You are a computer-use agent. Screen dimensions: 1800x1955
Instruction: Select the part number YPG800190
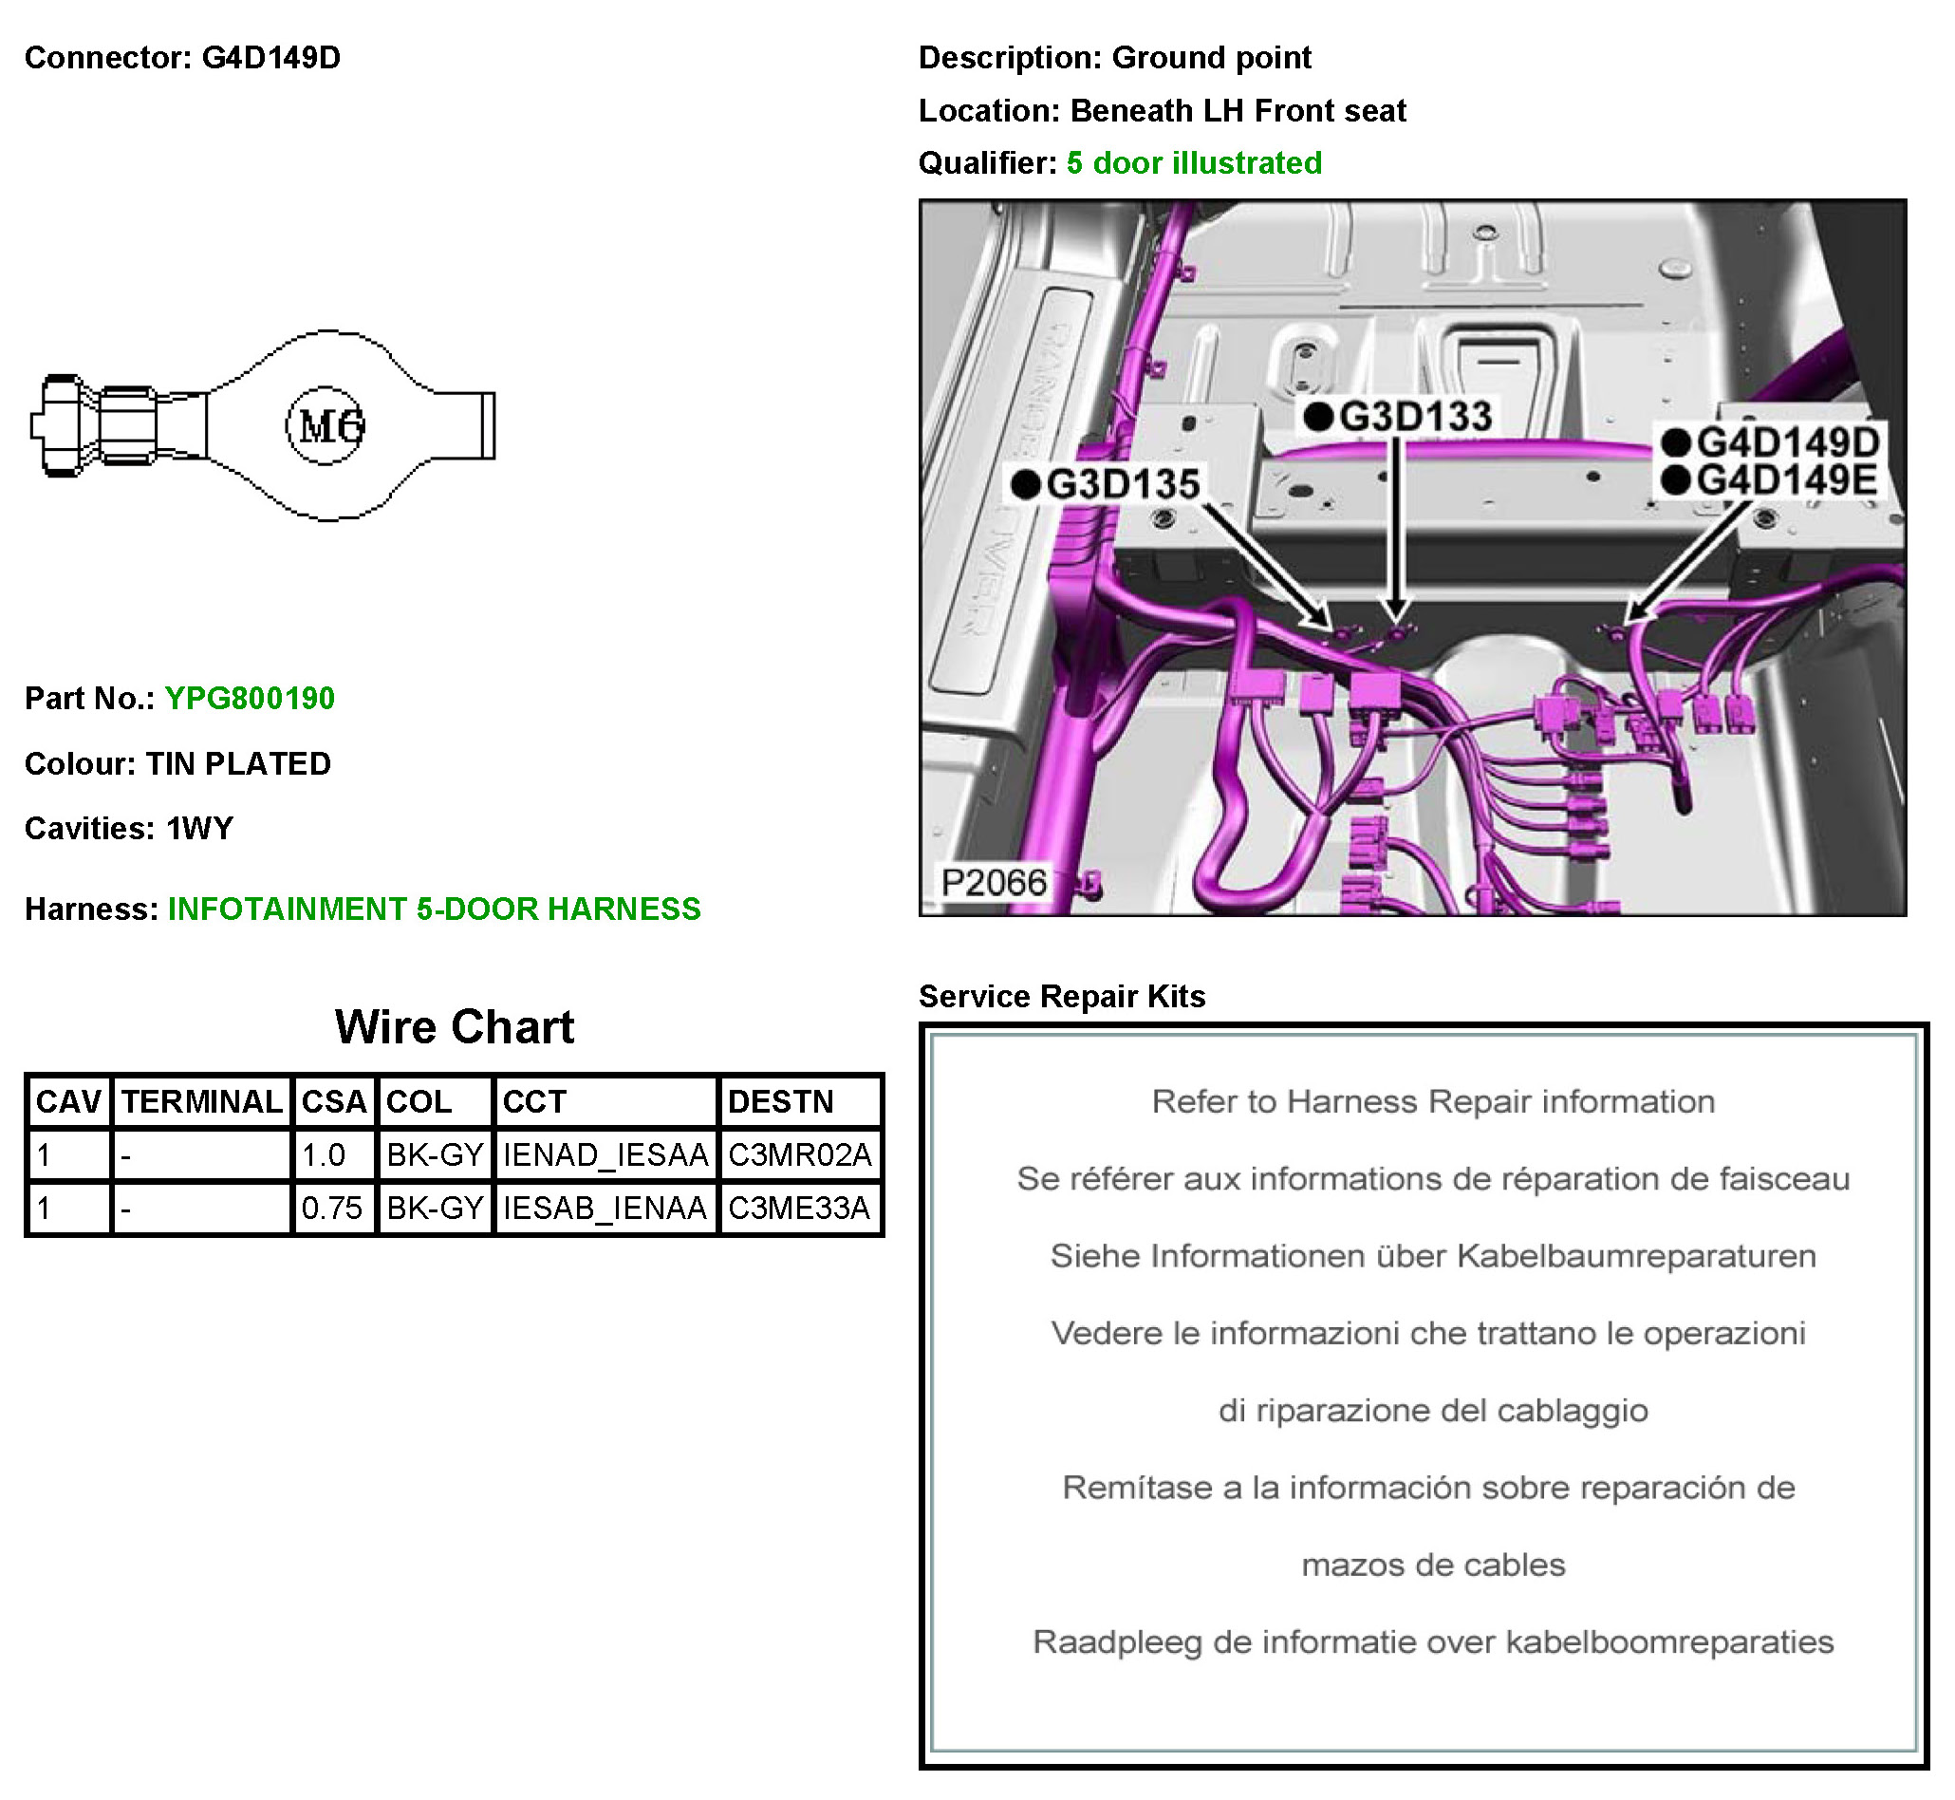pyautogui.click(x=250, y=699)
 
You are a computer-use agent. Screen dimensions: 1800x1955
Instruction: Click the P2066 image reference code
pyautogui.click(x=993, y=883)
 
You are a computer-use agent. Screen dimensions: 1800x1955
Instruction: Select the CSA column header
pyautogui.click(x=333, y=1101)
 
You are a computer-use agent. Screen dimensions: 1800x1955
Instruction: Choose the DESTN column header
pyautogui.click(x=781, y=1101)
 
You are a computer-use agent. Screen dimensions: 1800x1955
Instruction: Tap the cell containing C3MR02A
pyautogui.click(x=799, y=1155)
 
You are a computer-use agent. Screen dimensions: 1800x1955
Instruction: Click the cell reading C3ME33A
pyautogui.click(x=799, y=1209)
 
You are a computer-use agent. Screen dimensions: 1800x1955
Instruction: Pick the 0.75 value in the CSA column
pyautogui.click(x=331, y=1209)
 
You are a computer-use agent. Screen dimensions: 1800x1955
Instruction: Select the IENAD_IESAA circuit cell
pyautogui.click(x=605, y=1155)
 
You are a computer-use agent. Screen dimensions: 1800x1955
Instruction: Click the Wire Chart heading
pyautogui.click(x=455, y=1027)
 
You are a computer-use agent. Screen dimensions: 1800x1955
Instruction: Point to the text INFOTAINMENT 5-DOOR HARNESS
pyautogui.click(x=435, y=909)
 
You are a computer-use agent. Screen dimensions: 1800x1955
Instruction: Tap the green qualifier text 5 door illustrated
pyautogui.click(x=1194, y=162)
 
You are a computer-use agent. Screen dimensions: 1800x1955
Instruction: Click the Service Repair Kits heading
pyautogui.click(x=1061, y=997)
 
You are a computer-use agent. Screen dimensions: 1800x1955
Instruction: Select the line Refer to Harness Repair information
pyautogui.click(x=1432, y=1101)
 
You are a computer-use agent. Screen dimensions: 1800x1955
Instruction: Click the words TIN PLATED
pyautogui.click(x=238, y=763)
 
